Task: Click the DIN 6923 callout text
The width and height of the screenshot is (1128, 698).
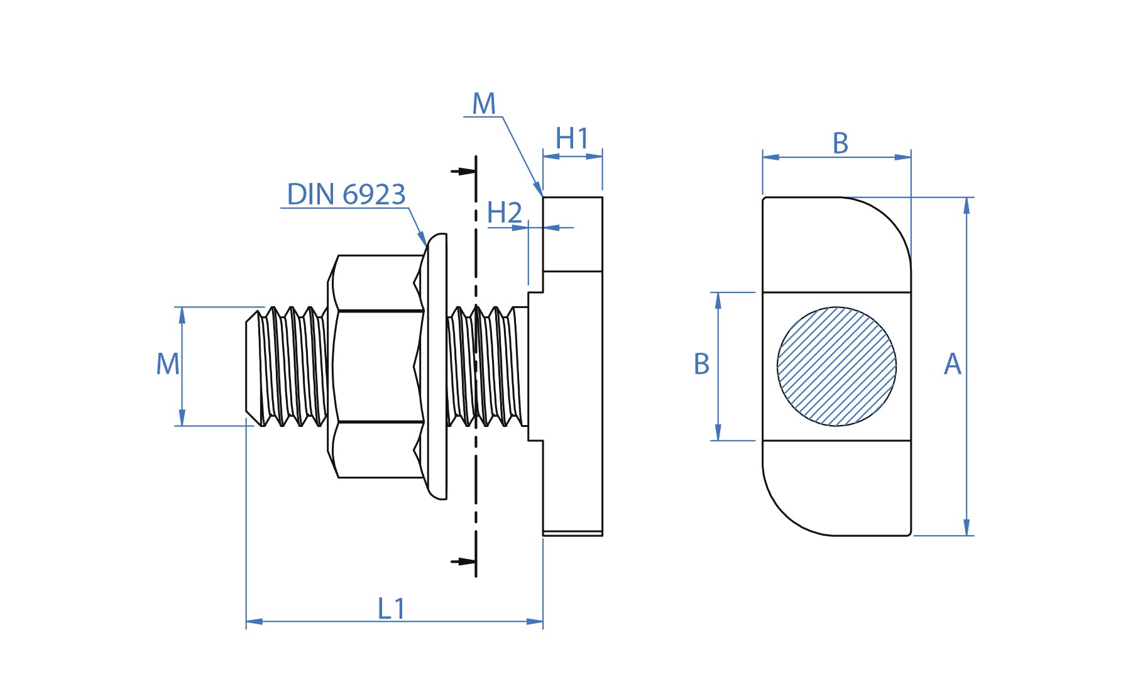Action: [x=346, y=194]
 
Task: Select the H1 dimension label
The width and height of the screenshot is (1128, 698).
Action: [x=572, y=139]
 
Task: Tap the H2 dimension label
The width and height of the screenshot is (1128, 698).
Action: [x=504, y=213]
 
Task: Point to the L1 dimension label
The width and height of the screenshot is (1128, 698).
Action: [x=392, y=609]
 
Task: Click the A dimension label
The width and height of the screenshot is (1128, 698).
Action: [x=953, y=364]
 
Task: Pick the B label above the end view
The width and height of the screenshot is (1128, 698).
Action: [x=840, y=143]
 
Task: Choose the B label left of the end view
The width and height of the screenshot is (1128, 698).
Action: [x=701, y=364]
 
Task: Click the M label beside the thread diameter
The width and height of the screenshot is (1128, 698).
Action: [x=168, y=364]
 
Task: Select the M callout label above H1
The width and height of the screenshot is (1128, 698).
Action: [x=484, y=104]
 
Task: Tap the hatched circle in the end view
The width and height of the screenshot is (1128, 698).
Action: [x=836, y=367]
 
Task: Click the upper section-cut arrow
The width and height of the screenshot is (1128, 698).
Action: [x=463, y=171]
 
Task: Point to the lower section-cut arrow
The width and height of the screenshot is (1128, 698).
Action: [x=463, y=562]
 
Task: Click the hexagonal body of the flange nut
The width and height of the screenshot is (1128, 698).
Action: [x=376, y=367]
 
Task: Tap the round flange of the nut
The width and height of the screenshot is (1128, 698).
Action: [x=437, y=367]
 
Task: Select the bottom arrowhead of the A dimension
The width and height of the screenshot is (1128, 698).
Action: [x=966, y=528]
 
